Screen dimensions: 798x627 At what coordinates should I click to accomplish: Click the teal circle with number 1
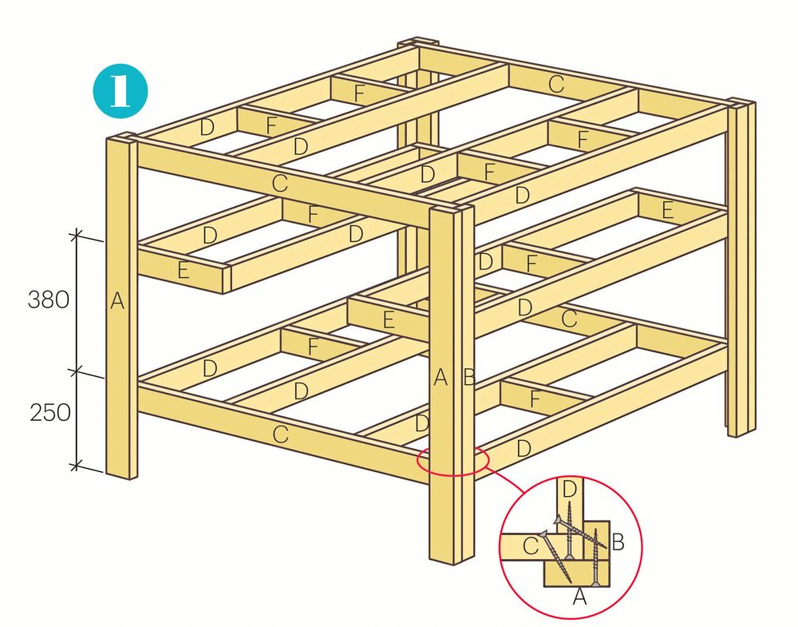pyautogui.click(x=120, y=91)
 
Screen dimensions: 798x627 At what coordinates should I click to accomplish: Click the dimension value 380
pyautogui.click(x=49, y=300)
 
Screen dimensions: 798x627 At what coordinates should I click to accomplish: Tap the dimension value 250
pyautogui.click(x=49, y=413)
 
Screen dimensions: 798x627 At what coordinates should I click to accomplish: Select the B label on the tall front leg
pyautogui.click(x=469, y=378)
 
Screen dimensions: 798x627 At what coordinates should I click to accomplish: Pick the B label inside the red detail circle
pyautogui.click(x=618, y=542)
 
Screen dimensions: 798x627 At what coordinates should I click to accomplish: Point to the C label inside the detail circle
pyautogui.click(x=531, y=546)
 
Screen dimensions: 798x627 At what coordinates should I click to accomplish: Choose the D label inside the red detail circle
pyautogui.click(x=569, y=490)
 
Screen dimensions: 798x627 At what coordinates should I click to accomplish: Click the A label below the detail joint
pyautogui.click(x=579, y=597)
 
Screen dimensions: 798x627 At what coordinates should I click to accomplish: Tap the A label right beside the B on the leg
pyautogui.click(x=440, y=378)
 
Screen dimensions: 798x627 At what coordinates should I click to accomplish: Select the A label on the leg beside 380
pyautogui.click(x=117, y=302)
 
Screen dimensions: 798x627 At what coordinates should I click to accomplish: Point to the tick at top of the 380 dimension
pyautogui.click(x=76, y=234)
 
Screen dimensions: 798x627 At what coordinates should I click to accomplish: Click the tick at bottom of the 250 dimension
pyautogui.click(x=76, y=465)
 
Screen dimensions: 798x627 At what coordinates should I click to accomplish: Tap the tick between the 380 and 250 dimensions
pyautogui.click(x=76, y=371)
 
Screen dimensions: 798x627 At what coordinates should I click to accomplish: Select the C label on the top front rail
pyautogui.click(x=279, y=183)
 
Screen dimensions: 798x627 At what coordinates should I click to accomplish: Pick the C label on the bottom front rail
pyautogui.click(x=280, y=435)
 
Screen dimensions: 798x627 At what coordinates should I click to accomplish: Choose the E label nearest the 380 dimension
pyautogui.click(x=184, y=270)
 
